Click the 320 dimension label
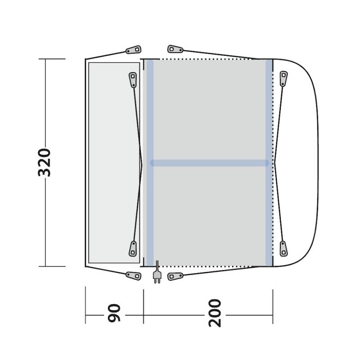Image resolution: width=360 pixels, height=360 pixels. pyautogui.click(x=44, y=162)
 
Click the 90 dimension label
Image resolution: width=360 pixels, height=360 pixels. pyautogui.click(x=114, y=313)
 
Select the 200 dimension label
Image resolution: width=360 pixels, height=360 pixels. pyautogui.click(x=215, y=313)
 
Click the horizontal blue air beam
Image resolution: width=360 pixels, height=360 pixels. pyautogui.click(x=209, y=163)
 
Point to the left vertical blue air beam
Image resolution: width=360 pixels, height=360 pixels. pyautogui.click(x=150, y=162)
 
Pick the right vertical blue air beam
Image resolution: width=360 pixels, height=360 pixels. pyautogui.click(x=269, y=162)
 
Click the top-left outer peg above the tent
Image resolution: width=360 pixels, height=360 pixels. pyautogui.click(x=133, y=50)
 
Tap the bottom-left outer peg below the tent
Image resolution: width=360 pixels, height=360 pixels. pyautogui.click(x=133, y=276)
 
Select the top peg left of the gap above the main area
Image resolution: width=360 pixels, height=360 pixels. pyautogui.click(x=175, y=49)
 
